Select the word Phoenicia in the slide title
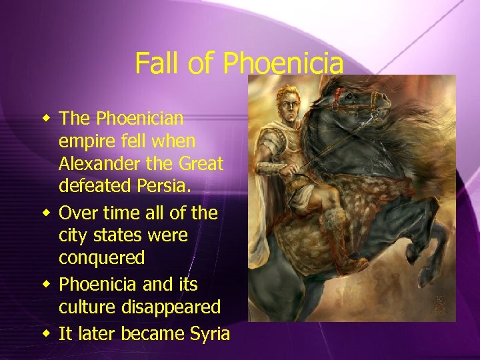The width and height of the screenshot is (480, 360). [x=283, y=64]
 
